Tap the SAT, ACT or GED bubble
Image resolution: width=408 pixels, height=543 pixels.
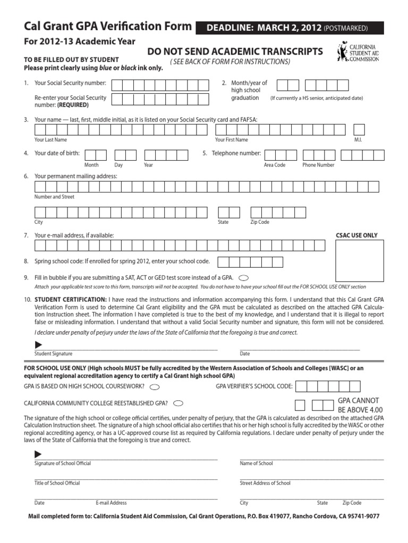(244, 277)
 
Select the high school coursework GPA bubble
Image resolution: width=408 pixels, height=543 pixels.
(155, 387)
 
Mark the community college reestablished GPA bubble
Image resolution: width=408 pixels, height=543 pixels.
(179, 402)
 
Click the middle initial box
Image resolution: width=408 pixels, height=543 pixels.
(359, 129)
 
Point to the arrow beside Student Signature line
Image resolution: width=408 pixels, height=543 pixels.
(38, 345)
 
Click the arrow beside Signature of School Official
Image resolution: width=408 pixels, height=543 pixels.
(38, 454)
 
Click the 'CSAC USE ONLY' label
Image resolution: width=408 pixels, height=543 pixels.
(356, 235)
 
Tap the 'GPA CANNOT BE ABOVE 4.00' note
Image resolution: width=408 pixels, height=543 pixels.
(360, 405)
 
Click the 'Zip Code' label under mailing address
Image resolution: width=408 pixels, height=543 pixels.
(260, 222)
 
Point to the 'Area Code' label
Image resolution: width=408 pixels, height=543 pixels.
(275, 165)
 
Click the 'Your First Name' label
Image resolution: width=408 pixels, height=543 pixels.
(231, 140)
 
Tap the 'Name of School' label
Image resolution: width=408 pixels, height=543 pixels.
(256, 463)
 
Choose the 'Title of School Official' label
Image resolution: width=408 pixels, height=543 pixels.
(57, 483)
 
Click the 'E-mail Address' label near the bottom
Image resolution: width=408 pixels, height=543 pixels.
(111, 503)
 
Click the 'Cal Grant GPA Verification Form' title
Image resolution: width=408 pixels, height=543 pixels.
(108, 26)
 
